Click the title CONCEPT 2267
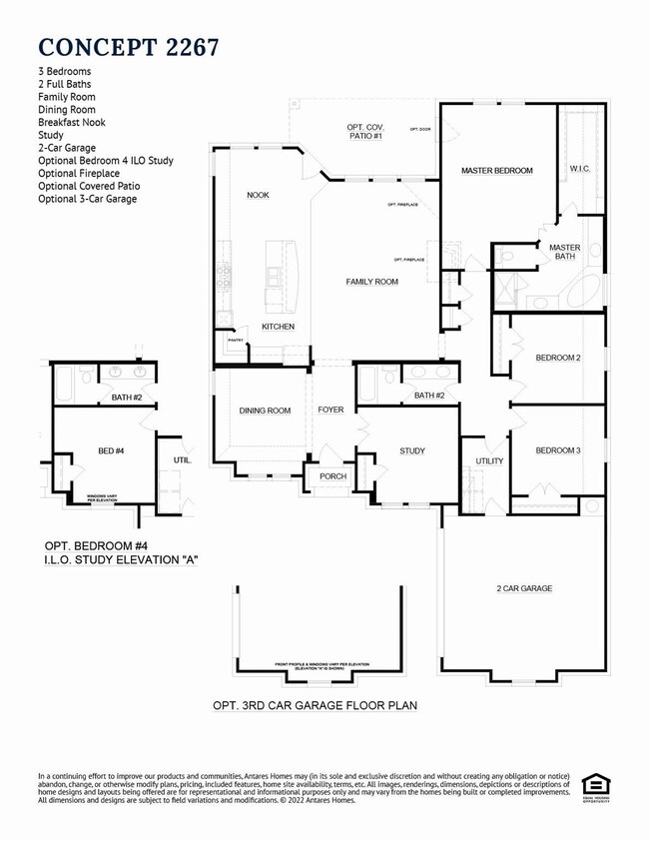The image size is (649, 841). coord(129,46)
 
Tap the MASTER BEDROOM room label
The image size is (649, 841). coord(496,171)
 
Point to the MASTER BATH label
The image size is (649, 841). coord(564,252)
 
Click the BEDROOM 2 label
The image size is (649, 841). coord(557,358)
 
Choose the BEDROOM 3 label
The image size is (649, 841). coord(557,450)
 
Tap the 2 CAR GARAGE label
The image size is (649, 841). coord(524,588)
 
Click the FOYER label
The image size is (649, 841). coord(330,411)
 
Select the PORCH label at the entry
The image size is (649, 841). coord(332,476)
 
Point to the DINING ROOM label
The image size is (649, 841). coord(265,411)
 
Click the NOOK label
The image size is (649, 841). coord(258,195)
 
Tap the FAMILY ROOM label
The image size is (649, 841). coord(371,282)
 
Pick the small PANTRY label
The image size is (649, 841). coord(236,341)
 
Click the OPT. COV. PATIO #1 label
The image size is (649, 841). coord(364,131)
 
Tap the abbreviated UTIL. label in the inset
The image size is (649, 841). coord(181,460)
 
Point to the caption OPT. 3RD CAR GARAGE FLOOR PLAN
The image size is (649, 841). coord(315,705)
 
